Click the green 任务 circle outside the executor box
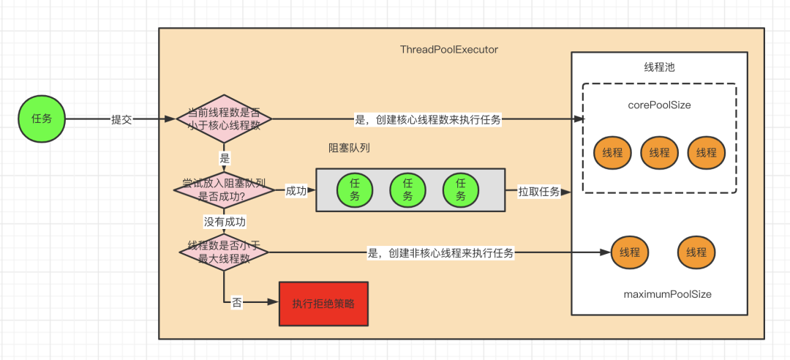42,119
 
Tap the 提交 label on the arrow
121,119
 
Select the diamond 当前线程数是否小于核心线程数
225,119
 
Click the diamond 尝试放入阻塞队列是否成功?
223,190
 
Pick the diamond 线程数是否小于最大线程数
224,252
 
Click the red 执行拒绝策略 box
323,303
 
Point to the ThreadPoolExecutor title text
449,50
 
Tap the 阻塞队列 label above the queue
350,147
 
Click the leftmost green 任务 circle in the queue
355,190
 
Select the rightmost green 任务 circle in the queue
461,190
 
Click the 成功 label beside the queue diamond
296,191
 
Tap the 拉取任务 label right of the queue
539,192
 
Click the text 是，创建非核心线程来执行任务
440,253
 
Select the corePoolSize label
659,105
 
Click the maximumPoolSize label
667,294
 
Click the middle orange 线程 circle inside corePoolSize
659,153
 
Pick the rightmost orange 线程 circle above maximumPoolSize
696,252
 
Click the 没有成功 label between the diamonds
225,221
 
